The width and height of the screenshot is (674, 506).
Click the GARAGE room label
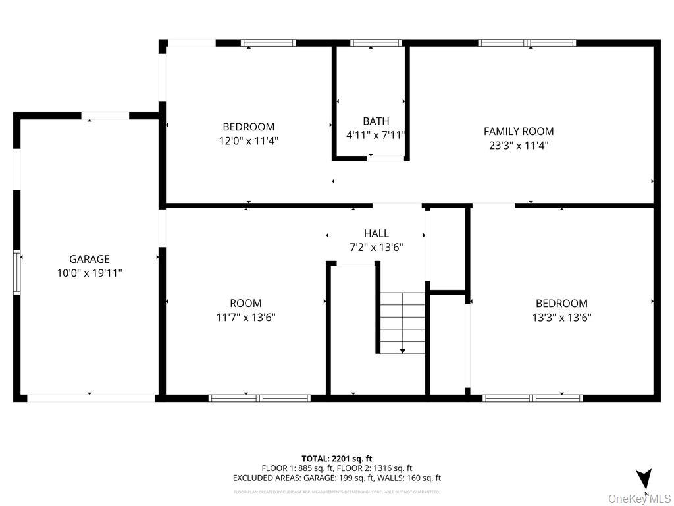tap(90, 259)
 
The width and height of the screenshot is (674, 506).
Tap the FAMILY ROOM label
tap(519, 131)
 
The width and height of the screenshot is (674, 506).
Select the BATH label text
tap(376, 121)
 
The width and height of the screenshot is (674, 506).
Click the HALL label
tap(376, 233)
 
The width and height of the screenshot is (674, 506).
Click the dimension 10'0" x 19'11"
tap(90, 273)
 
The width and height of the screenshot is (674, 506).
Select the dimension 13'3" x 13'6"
tap(561, 317)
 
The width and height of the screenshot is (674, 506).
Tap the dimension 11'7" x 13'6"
tap(246, 317)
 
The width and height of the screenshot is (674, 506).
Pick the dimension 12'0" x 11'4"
tap(249, 140)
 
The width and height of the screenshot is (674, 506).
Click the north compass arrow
tap(644, 479)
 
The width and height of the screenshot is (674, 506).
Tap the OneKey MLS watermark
tap(639, 499)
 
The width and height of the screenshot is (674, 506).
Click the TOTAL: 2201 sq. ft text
tap(337, 458)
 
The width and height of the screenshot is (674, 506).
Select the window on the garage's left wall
tap(18, 272)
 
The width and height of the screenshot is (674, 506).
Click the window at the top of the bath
tap(376, 43)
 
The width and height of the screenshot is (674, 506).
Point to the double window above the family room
tap(527, 43)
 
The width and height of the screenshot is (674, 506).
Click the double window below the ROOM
tap(259, 398)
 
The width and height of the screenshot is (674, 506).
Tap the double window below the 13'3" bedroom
tap(532, 398)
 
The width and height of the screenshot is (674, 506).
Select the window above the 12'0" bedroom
tap(269, 43)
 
